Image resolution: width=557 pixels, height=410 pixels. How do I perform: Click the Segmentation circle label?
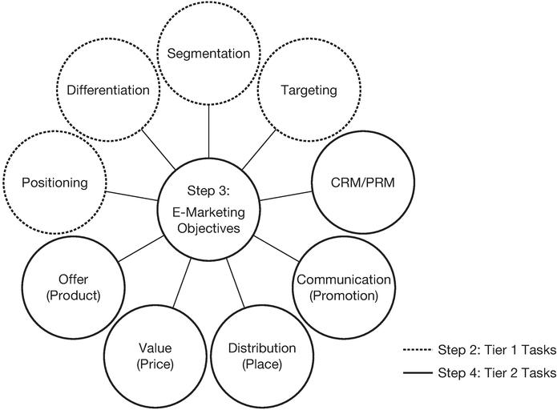coord(208,54)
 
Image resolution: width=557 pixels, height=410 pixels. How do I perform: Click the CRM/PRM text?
coord(362,183)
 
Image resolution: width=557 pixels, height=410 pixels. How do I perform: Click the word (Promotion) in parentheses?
coord(344,296)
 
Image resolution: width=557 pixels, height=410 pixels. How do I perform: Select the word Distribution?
coord(262,348)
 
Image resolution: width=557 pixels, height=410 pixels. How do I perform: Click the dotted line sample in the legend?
coord(416,350)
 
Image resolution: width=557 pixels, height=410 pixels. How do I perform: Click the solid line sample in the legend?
coord(416,373)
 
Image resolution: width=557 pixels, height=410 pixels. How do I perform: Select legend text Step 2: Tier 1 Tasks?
coord(497,350)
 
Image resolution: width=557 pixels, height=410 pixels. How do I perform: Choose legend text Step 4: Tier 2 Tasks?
coord(497,373)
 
